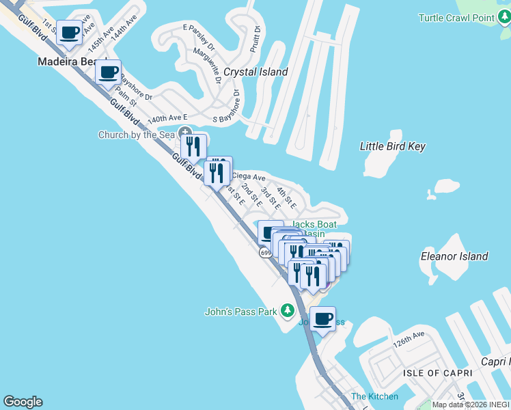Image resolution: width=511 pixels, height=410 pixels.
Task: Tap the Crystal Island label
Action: [x=256, y=72]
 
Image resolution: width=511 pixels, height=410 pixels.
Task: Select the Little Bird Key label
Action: [x=393, y=146]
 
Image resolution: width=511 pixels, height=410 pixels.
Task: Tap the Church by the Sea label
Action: [x=137, y=135]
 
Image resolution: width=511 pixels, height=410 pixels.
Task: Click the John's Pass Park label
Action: [x=241, y=312]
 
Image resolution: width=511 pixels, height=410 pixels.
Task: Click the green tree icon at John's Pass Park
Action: [x=288, y=312]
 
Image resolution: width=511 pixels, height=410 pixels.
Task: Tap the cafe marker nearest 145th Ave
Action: [x=69, y=32]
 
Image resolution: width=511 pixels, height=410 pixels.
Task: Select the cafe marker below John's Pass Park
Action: [x=322, y=318]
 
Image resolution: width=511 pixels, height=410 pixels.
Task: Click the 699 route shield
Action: [x=266, y=253]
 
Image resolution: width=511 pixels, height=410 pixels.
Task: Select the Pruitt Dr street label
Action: [x=255, y=39]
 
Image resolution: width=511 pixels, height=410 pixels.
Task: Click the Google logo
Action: [x=23, y=402]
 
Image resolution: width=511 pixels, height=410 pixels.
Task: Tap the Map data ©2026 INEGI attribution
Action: [x=471, y=405]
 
